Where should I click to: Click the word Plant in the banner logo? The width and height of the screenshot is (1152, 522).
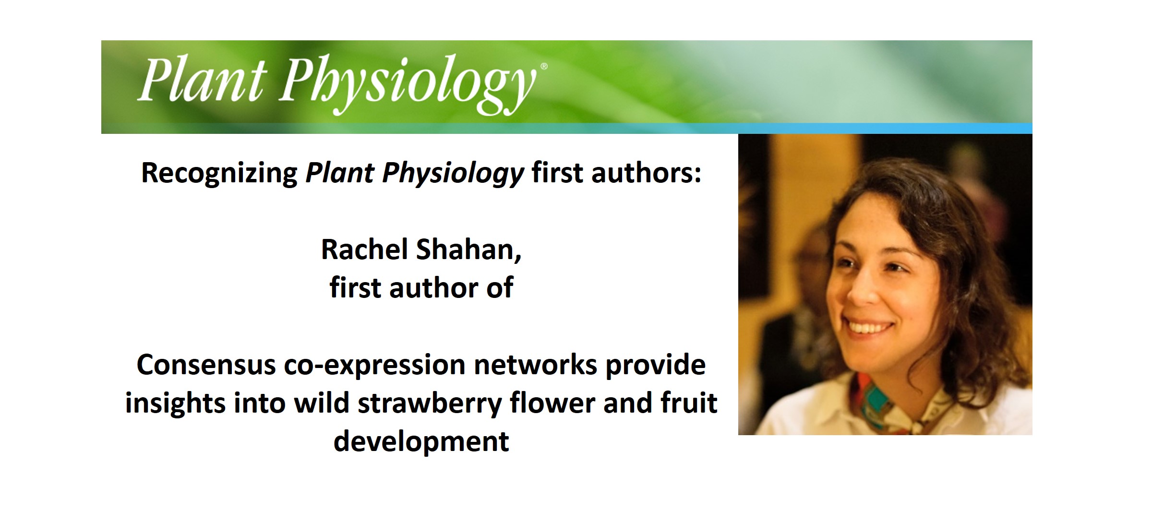click(x=202, y=81)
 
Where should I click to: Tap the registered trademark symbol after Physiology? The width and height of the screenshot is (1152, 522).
click(x=543, y=67)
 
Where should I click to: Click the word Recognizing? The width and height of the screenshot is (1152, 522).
click(x=219, y=174)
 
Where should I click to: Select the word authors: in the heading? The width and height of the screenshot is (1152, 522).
click(x=646, y=173)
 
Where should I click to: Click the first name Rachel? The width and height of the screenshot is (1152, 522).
click(x=364, y=250)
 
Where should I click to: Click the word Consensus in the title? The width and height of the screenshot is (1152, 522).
click(x=206, y=365)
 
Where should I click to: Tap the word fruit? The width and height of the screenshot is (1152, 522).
click(x=689, y=403)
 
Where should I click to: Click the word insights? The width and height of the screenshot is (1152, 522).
click(x=175, y=403)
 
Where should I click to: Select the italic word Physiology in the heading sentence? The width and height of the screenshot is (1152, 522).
click(x=453, y=174)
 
